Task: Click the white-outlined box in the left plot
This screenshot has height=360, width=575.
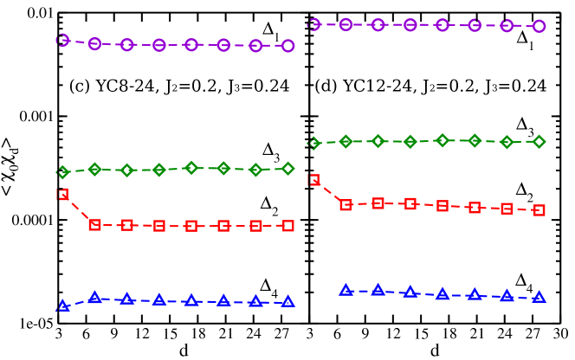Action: point(120,106)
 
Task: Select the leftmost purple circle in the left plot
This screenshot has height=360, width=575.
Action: point(62,40)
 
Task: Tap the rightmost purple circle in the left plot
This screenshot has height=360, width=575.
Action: point(287,46)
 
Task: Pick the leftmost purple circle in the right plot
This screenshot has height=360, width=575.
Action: point(313,24)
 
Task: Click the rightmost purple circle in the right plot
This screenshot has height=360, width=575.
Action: point(539,26)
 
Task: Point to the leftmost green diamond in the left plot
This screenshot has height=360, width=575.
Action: point(62,172)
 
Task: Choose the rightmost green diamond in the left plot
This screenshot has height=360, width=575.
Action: point(287,169)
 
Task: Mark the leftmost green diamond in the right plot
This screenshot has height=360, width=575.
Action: point(313,143)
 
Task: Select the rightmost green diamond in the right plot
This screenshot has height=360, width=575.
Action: point(539,142)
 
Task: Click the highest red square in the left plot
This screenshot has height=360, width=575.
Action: point(62,195)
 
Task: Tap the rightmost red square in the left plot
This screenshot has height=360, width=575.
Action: point(287,226)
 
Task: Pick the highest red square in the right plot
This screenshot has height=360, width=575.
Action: point(313,180)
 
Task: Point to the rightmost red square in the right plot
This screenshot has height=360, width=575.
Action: point(539,210)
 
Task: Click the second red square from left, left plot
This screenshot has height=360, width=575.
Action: point(94,225)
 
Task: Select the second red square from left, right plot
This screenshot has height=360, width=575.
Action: point(346,205)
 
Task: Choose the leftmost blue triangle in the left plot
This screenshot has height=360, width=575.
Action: point(62,306)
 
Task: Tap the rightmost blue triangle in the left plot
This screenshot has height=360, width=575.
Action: point(287,302)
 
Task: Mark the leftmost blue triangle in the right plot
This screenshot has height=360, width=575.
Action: point(346,290)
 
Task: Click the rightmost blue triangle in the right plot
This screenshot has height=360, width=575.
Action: point(539,297)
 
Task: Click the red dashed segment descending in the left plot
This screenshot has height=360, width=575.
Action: point(79,210)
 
